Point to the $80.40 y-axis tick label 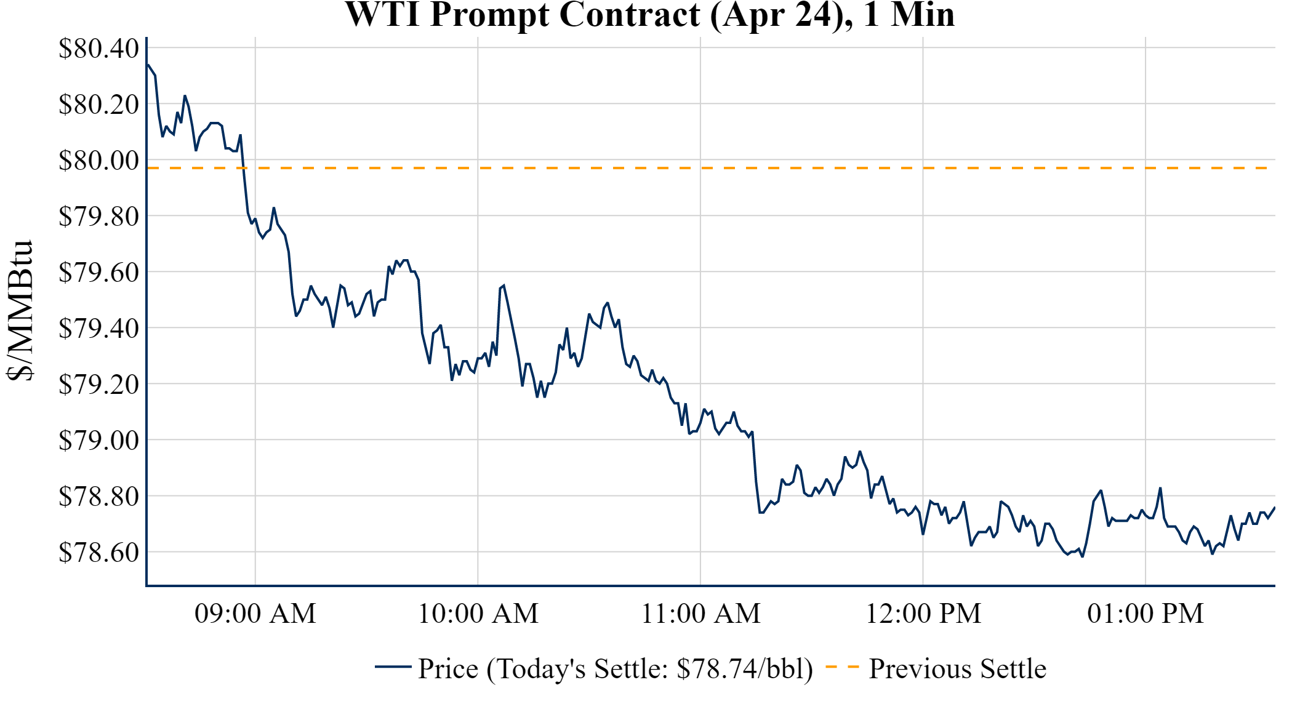[98, 49]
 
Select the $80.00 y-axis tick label [98, 161]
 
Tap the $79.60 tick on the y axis [98, 272]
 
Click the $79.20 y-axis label [98, 385]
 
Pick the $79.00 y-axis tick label [98, 441]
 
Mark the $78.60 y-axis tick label [98, 553]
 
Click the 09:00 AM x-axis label [255, 614]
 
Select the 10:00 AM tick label [478, 614]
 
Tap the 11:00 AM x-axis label [700, 614]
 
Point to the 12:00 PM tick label [923, 614]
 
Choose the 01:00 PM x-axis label [1146, 614]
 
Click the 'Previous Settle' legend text [957, 669]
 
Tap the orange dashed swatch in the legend [842, 667]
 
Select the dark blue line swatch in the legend [393, 667]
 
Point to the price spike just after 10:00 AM [504, 286]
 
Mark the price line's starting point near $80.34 [148, 65]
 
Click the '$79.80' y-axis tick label [98, 217]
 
